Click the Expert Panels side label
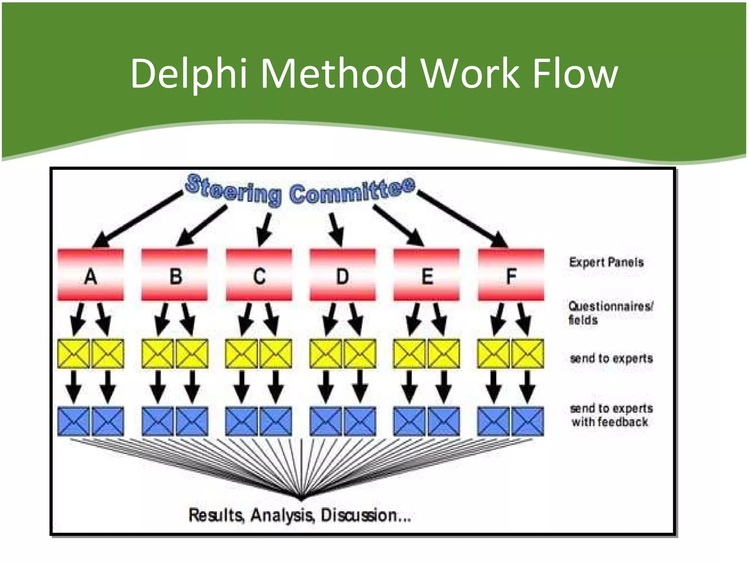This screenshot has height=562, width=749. point(606,262)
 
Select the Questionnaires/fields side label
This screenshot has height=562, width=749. point(610,313)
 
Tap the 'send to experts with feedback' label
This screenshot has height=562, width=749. point(611,415)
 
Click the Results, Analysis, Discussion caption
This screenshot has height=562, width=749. point(300,515)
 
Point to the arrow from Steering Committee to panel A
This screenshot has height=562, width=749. point(137,219)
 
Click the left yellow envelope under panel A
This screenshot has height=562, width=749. point(74,354)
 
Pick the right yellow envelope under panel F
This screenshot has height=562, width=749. point(528,354)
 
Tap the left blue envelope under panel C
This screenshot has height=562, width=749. point(241,421)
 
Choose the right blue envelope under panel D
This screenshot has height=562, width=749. point(360,421)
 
